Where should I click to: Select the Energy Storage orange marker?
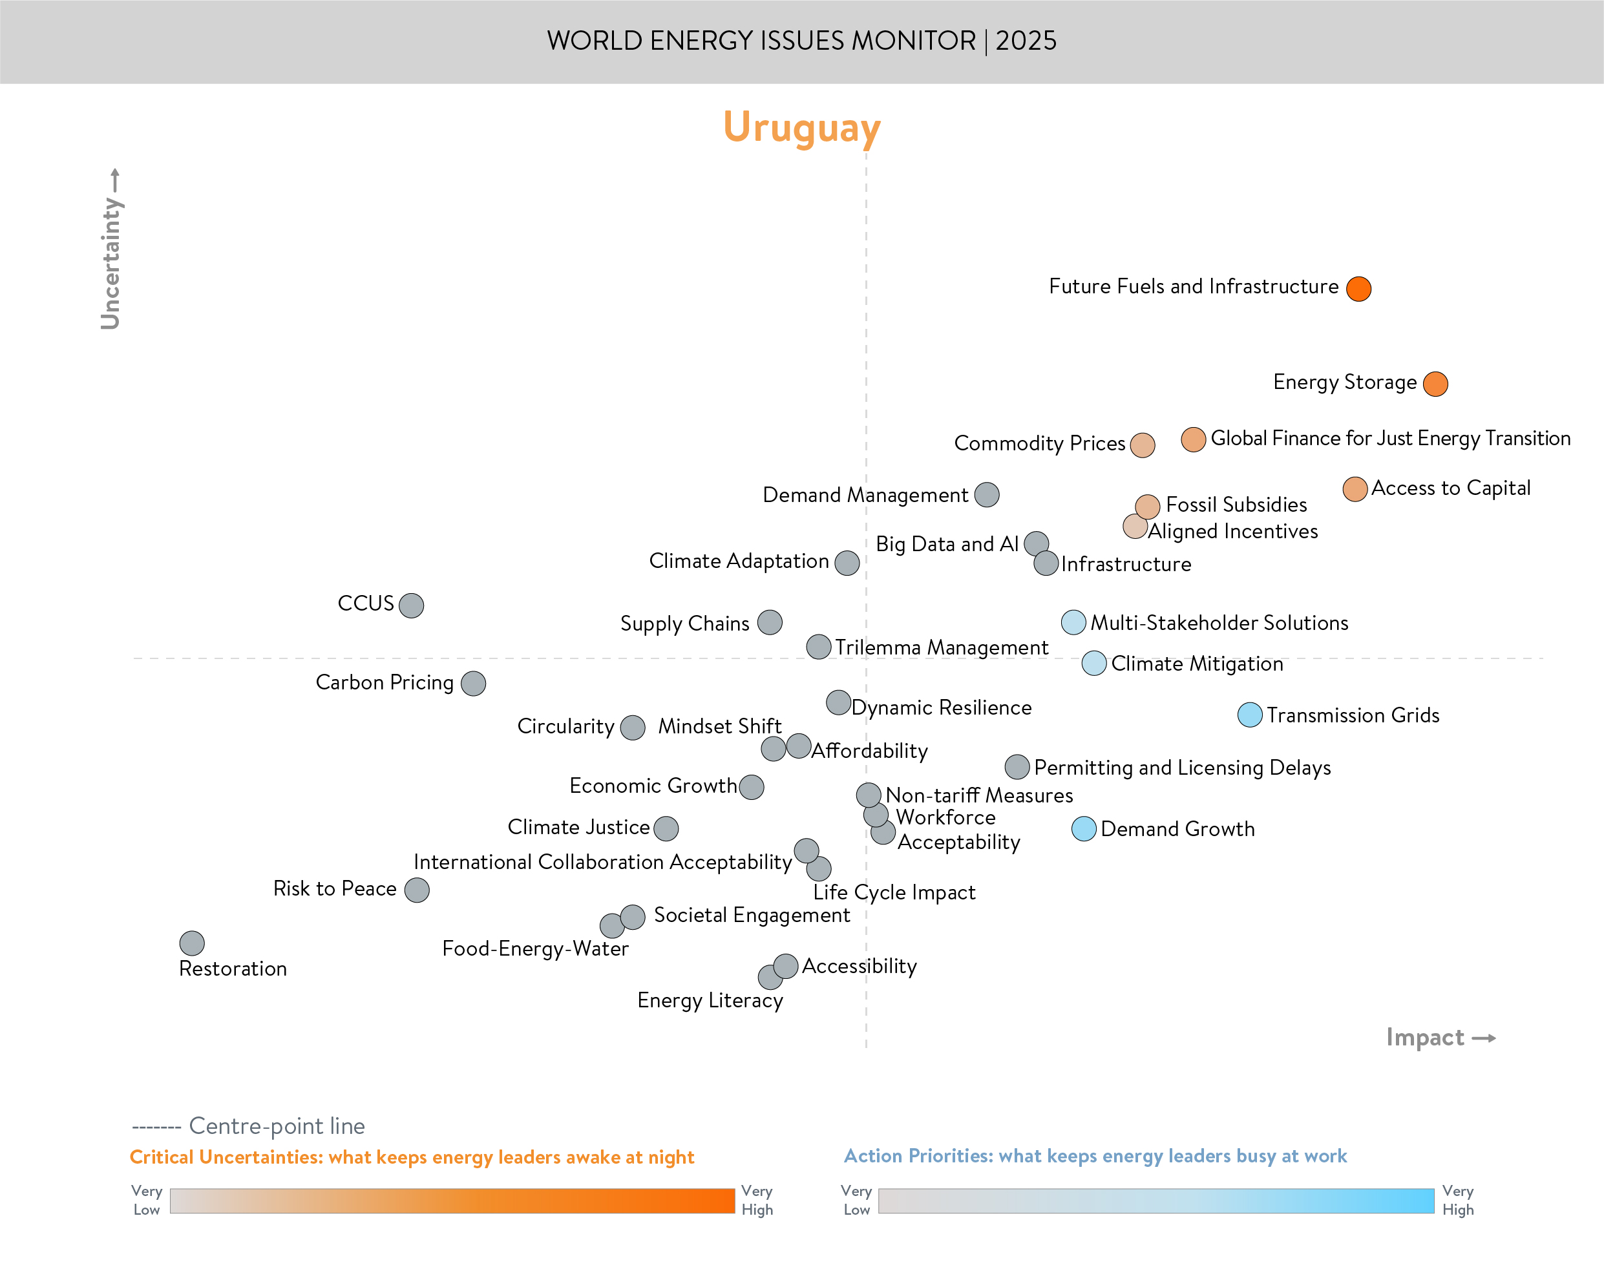click(x=1435, y=384)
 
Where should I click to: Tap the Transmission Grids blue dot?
click(x=1250, y=715)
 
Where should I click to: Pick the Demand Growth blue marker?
click(x=1083, y=828)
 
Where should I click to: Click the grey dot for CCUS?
click(x=411, y=605)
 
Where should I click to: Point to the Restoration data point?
click(x=192, y=943)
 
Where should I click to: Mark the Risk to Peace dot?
click(x=416, y=889)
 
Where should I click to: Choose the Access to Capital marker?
click(x=1355, y=489)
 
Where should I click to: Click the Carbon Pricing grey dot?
click(x=472, y=684)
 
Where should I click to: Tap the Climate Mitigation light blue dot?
click(x=1093, y=663)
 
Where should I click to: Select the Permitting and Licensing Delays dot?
click(x=1017, y=767)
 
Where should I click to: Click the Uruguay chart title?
click(x=801, y=128)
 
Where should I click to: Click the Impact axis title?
click(x=1424, y=1037)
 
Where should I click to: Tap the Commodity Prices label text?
click(x=1039, y=443)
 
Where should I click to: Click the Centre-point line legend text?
click(x=277, y=1126)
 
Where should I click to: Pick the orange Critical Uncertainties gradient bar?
click(x=452, y=1201)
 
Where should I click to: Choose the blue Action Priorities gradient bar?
click(x=1156, y=1201)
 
